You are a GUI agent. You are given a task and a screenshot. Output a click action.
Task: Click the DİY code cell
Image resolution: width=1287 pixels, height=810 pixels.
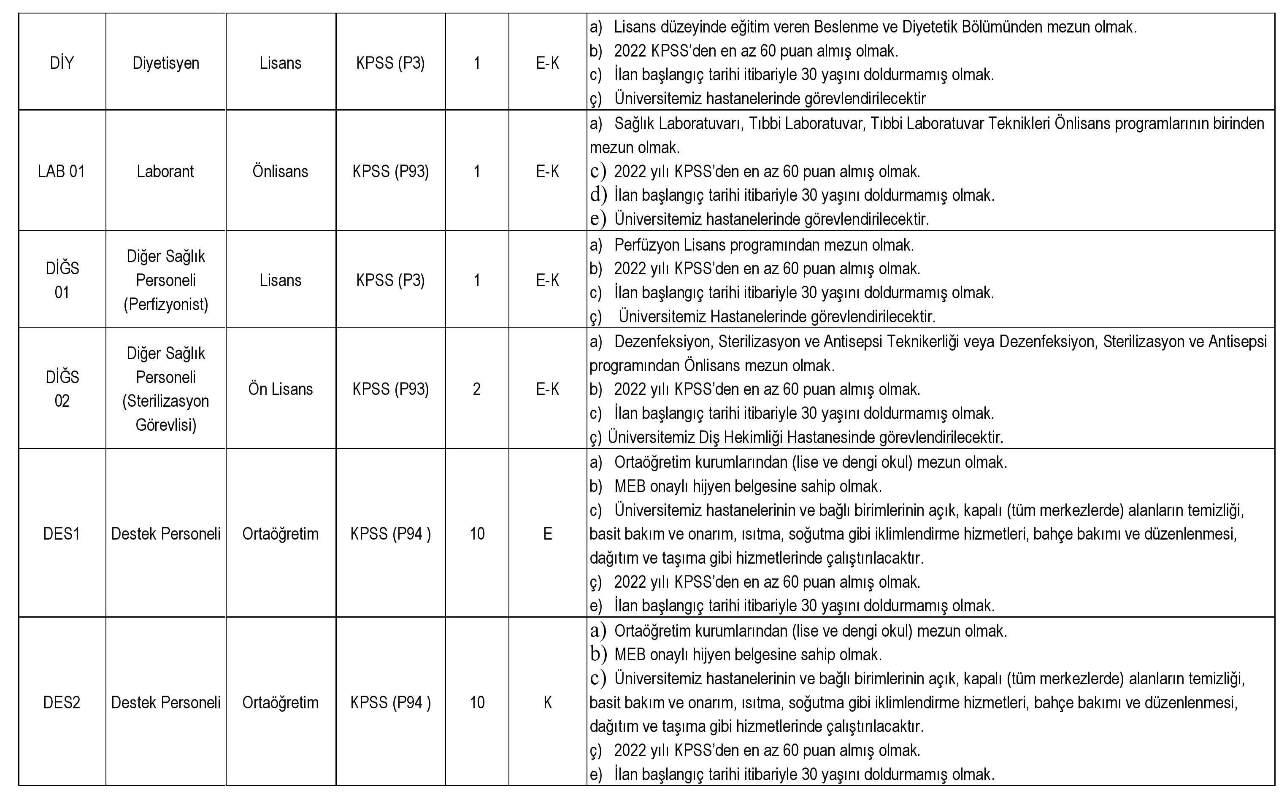tap(62, 63)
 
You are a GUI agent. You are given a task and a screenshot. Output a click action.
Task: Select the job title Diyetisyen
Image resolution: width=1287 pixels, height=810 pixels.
tap(166, 63)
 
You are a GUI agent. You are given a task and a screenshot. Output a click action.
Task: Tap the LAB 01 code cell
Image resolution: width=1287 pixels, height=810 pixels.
tap(62, 172)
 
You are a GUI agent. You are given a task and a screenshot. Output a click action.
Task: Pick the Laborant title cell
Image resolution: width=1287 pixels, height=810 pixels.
tap(166, 172)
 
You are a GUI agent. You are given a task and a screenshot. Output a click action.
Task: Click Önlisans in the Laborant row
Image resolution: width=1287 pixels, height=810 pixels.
tap(281, 172)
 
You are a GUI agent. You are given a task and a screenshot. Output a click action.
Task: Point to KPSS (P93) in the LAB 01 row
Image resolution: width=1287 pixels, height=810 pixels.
tap(391, 172)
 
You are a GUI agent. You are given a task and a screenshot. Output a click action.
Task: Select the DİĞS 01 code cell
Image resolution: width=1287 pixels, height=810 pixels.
tap(62, 280)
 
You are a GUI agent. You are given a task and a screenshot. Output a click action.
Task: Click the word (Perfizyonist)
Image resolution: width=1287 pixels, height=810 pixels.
tap(166, 304)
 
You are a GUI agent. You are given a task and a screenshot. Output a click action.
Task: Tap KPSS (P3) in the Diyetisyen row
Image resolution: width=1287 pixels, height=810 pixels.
tap(391, 63)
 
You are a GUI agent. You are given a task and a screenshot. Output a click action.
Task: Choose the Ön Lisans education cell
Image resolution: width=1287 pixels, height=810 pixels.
tap(281, 389)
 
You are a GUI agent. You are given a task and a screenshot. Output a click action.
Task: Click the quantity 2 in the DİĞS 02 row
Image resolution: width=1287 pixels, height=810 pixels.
tap(477, 389)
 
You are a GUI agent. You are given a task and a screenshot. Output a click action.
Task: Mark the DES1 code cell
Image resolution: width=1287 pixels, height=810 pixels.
tap(62, 534)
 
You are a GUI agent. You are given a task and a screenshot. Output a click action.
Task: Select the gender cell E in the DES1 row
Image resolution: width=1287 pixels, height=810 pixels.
tap(547, 534)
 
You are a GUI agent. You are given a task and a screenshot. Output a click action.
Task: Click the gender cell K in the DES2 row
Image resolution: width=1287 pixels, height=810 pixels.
tap(547, 702)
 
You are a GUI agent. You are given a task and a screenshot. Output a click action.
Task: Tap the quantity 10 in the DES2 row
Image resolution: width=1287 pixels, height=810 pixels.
tap(477, 702)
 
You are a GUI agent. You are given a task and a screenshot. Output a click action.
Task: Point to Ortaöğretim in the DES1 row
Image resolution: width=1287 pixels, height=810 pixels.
tap(281, 534)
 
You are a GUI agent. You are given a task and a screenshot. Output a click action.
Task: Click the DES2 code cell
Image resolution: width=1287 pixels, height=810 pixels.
tap(62, 702)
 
